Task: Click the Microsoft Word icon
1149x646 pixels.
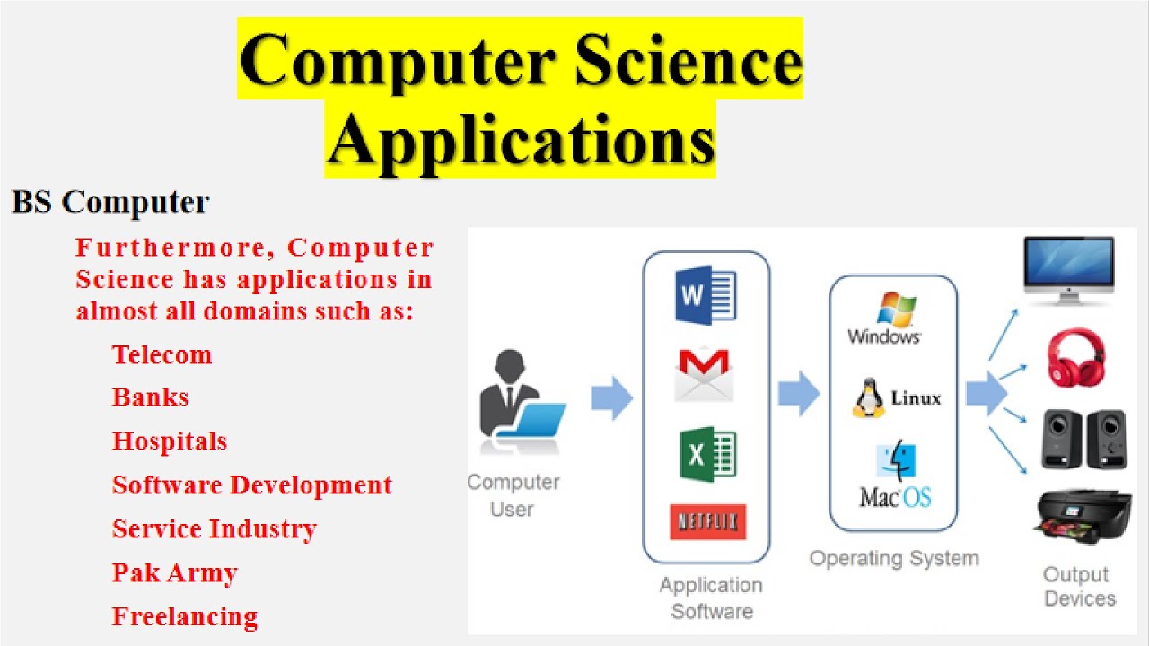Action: pyautogui.click(x=706, y=295)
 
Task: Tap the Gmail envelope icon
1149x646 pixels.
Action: pyautogui.click(x=704, y=374)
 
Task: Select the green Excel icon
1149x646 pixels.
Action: pyautogui.click(x=706, y=454)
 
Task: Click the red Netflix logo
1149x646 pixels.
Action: pyautogui.click(x=707, y=521)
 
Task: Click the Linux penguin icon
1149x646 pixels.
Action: pyautogui.click(x=868, y=398)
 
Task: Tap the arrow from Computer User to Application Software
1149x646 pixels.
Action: pyautogui.click(x=611, y=398)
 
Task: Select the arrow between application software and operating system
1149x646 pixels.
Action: pyautogui.click(x=798, y=395)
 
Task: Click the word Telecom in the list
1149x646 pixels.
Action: pyautogui.click(x=162, y=354)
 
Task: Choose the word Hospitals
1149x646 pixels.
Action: pyautogui.click(x=169, y=441)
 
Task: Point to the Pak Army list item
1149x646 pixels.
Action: pyautogui.click(x=174, y=572)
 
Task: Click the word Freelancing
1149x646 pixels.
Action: pyautogui.click(x=184, y=616)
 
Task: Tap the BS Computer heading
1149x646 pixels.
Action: pyautogui.click(x=110, y=202)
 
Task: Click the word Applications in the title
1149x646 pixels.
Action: pyautogui.click(x=520, y=140)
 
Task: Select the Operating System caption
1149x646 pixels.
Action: pyautogui.click(x=894, y=558)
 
